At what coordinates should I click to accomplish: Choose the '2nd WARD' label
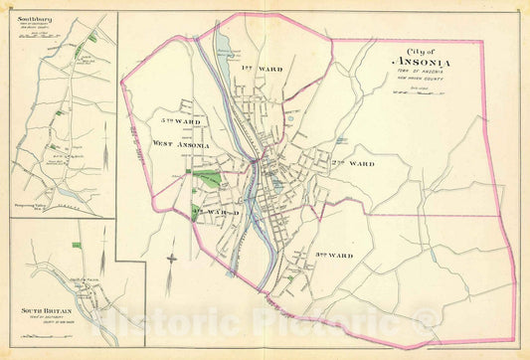(354, 162)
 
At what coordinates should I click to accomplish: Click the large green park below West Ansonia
(208, 179)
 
